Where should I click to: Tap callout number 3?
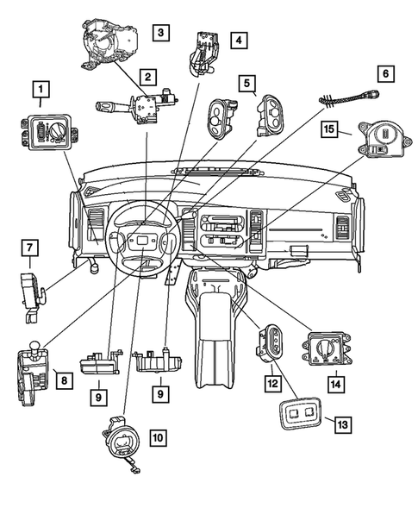[x=161, y=34]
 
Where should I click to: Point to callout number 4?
[x=237, y=39]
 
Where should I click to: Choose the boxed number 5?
[x=247, y=84]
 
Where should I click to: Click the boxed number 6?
[x=386, y=74]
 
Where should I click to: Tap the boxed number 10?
[x=157, y=438]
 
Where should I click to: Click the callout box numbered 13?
[x=343, y=424]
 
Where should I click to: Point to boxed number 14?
[x=334, y=380]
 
